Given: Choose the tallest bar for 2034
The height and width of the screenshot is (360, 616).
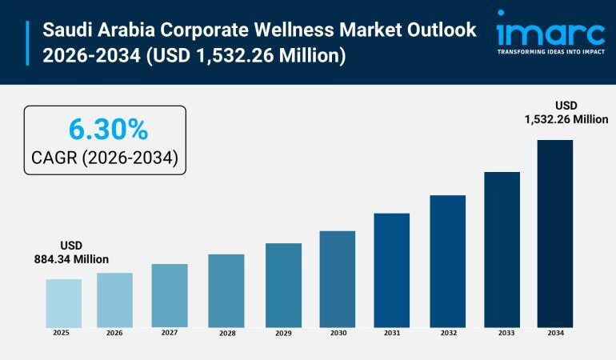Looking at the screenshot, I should point(554,233).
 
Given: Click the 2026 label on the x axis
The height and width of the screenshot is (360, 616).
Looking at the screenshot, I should point(115,333).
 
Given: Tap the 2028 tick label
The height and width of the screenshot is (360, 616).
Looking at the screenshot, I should point(226,333).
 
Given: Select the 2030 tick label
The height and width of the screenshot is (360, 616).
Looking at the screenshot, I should point(338,333).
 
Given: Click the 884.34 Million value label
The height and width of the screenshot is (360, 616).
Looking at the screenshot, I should point(71,259).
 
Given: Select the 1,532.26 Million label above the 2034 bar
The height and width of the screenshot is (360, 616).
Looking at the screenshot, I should point(566,119).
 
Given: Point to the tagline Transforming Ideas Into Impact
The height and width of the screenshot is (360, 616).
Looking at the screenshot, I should point(550,52).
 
